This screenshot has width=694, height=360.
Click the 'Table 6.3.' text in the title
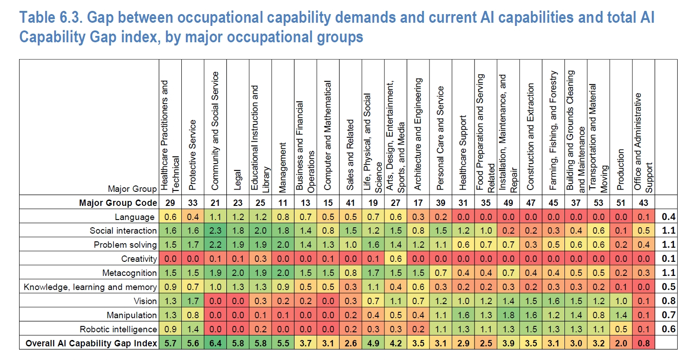pos(51,17)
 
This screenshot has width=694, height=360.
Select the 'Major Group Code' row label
pos(118,203)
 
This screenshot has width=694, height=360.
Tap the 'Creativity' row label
pos(139,259)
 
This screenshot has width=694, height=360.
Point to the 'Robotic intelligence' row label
pos(118,329)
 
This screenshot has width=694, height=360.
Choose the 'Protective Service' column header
pos(192,155)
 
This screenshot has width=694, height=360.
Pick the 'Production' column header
pos(620,170)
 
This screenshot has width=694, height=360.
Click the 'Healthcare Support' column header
pos(463,153)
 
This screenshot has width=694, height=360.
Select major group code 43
pos(644,203)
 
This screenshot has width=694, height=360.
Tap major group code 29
pos(170,203)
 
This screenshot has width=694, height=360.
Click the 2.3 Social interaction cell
pos(215,230)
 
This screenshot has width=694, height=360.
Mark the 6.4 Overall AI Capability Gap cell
pos(215,343)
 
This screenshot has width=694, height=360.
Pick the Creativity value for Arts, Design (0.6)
pos(396,259)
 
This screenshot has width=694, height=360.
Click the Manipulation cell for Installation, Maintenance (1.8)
pos(509,315)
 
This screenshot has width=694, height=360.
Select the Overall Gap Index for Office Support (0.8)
pos(644,343)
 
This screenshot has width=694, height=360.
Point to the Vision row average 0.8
pos(669,301)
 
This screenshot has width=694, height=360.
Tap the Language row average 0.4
pos(669,216)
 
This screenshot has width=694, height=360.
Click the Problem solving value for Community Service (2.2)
pos(215,245)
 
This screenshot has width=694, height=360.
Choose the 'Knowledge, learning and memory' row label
pos(90,287)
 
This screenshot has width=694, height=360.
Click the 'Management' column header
pos(282,167)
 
